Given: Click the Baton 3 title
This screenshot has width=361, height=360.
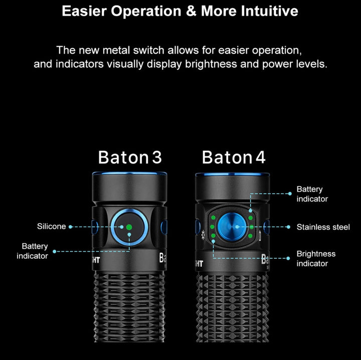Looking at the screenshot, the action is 130,157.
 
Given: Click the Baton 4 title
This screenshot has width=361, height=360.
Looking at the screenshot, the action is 234,157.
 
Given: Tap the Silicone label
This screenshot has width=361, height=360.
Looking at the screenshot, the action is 52,227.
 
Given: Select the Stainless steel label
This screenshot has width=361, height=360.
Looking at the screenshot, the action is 323,227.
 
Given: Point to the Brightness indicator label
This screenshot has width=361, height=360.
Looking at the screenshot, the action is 316,259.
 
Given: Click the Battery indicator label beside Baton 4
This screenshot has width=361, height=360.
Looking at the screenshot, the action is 312,194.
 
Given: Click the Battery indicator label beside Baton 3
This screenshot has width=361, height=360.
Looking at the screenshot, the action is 32,251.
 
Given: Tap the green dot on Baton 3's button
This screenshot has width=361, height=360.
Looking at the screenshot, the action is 129,227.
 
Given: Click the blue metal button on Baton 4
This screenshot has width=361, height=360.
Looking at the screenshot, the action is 232,227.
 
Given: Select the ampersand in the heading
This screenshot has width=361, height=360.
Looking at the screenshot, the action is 191,11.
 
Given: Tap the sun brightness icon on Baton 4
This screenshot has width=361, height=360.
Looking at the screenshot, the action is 203,235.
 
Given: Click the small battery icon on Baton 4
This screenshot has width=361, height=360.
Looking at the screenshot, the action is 260,236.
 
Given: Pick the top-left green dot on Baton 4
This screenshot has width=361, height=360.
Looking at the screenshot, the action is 214,218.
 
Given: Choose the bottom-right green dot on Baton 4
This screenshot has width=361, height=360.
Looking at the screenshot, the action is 251,236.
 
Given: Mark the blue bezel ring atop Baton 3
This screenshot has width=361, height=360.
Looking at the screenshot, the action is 129,173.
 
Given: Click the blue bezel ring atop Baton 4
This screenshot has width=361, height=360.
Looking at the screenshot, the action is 232,174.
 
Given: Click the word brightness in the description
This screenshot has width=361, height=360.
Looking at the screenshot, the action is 211,64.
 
